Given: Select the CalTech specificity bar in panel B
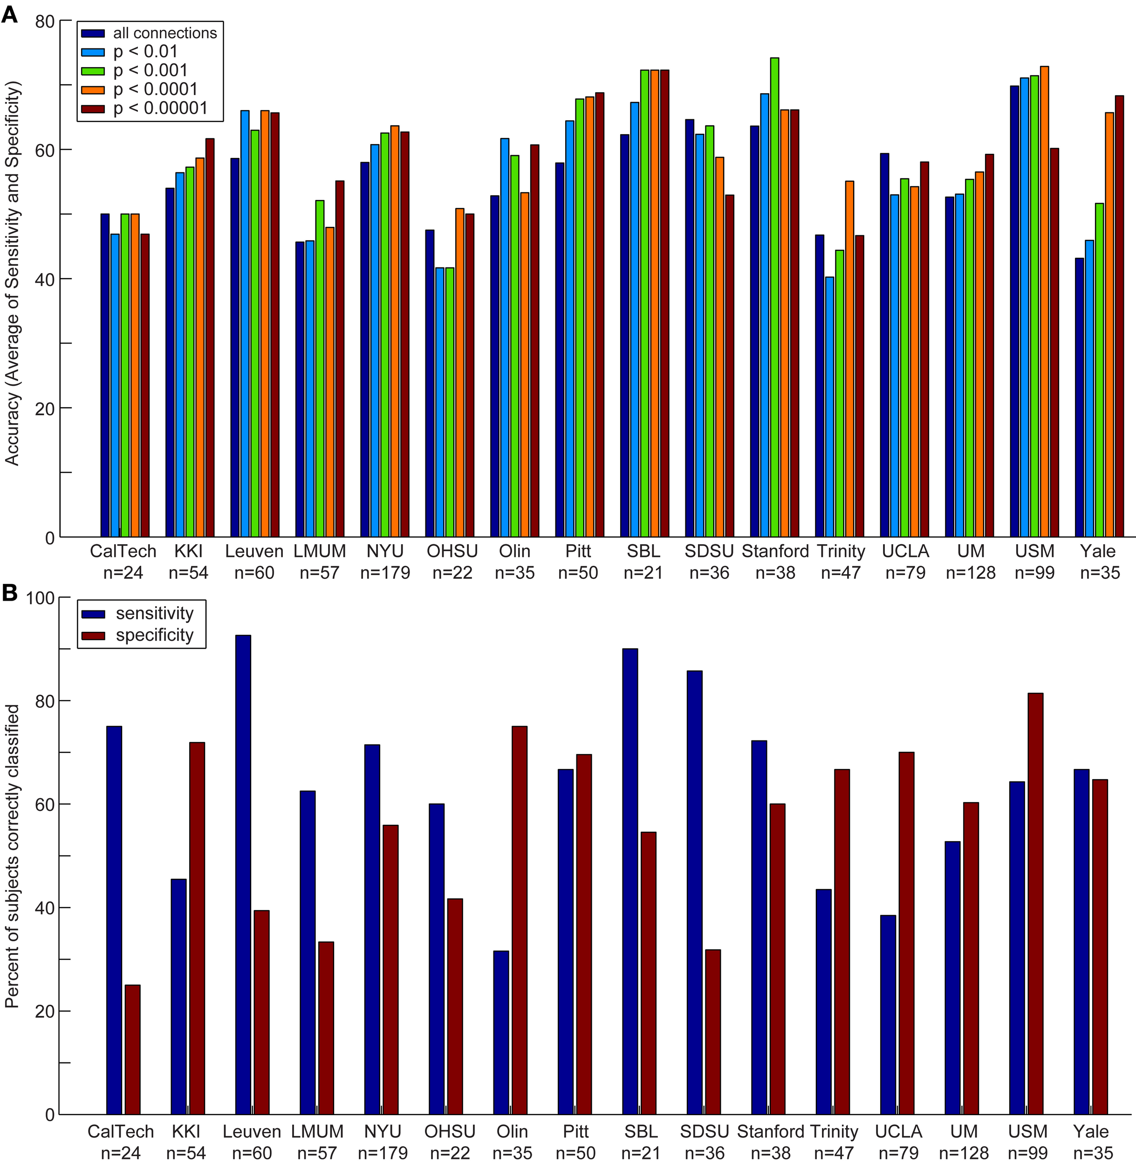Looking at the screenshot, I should pos(132,1050).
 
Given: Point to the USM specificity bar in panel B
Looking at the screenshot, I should pos(1035,904).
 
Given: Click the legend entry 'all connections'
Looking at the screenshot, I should pos(164,33).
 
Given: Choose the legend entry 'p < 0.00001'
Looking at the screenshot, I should pos(160,108).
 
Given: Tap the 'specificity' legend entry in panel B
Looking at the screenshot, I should pos(155,635).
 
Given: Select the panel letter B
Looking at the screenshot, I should pos(9,593).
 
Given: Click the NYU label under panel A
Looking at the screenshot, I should pos(385,551).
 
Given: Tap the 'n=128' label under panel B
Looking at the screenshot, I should pos(964,1153).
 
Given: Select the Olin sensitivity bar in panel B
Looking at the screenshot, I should pos(501,1033).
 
